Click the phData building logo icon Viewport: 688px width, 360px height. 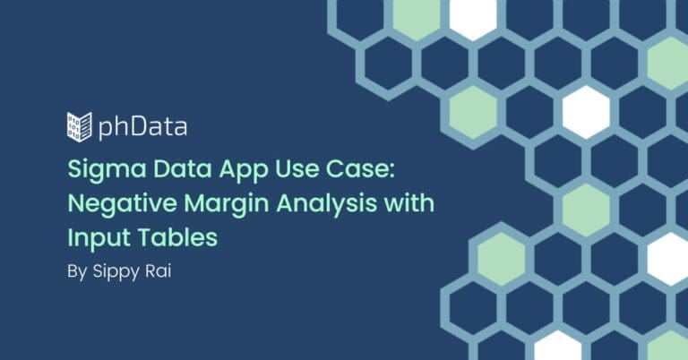point(80,127)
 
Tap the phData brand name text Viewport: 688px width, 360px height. point(142,127)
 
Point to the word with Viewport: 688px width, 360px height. point(409,203)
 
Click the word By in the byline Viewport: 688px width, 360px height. point(77,272)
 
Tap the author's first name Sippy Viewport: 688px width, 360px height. point(116,272)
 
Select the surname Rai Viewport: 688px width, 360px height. point(159,271)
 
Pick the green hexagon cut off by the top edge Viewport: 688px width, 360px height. point(416,18)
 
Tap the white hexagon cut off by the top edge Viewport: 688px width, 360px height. point(473,18)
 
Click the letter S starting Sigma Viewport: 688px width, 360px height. point(74,169)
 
